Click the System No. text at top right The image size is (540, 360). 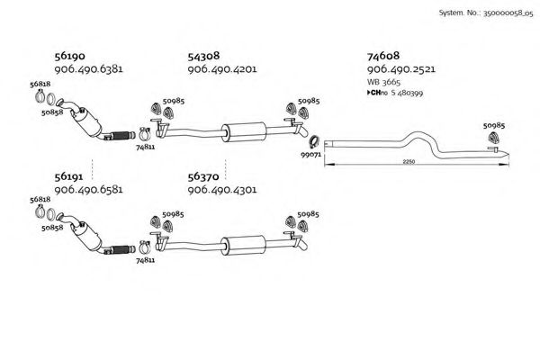[x=486, y=13]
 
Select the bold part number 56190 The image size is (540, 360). [x=69, y=56]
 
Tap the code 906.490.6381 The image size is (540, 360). [x=88, y=69]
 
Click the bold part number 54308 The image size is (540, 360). [x=203, y=56]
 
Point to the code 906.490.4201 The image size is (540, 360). [x=222, y=69]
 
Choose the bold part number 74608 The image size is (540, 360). [x=383, y=56]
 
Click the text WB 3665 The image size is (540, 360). [x=383, y=82]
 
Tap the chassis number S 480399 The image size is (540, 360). [x=407, y=93]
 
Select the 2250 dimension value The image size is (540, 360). [x=409, y=162]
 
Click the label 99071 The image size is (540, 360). [x=311, y=155]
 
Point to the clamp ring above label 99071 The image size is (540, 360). [x=314, y=141]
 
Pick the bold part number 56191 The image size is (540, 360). [x=68, y=176]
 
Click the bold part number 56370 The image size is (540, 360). [x=203, y=176]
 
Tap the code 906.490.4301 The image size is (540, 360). [x=222, y=190]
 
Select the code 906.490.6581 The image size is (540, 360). [x=88, y=190]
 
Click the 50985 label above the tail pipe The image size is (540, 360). [x=494, y=126]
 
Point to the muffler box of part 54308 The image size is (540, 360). [x=244, y=131]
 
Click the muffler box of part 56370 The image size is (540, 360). [x=244, y=246]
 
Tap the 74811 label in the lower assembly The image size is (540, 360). [x=145, y=260]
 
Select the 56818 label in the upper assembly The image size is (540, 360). [x=40, y=84]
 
